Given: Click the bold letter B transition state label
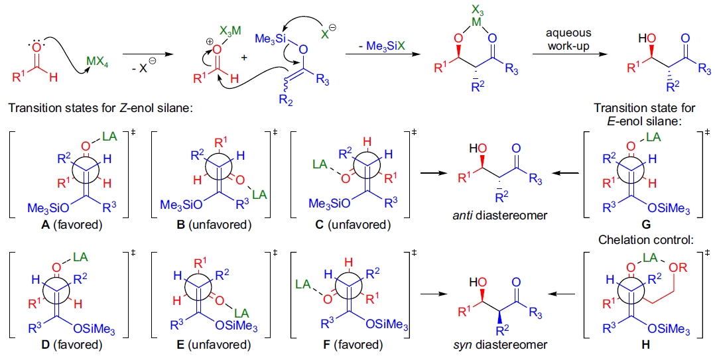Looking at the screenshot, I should (179, 225).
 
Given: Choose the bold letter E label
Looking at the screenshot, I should (180, 344).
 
